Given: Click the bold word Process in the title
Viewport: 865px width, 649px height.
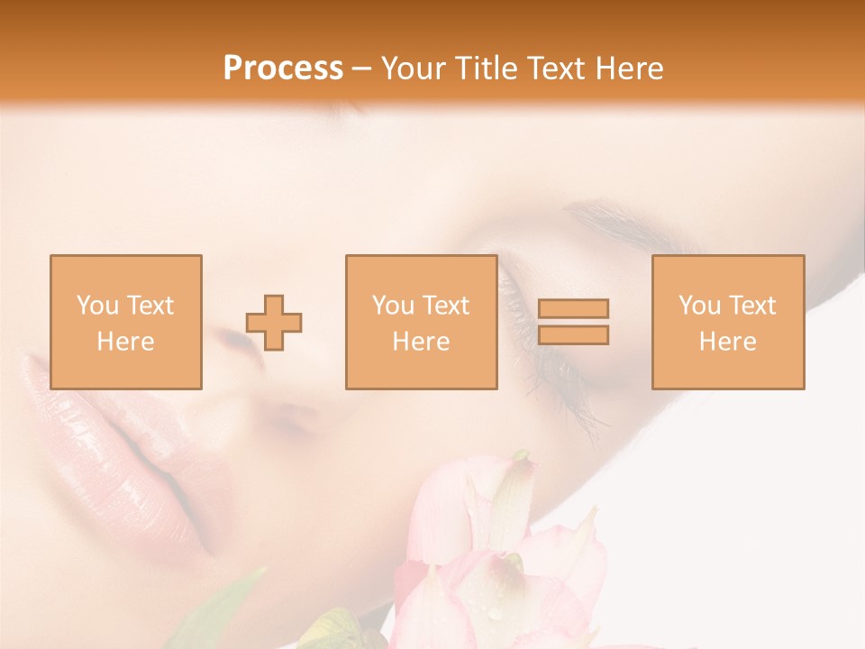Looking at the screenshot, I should pos(283,69).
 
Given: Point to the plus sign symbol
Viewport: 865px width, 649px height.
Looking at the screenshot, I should pos(274,323).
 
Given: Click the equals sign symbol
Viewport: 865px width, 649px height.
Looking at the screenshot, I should pos(573,322).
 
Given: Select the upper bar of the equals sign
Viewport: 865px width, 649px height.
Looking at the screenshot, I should pos(573,309).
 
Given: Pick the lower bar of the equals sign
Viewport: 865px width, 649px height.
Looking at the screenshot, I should pos(573,334).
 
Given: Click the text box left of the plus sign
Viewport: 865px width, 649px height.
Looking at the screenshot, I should pos(125,323).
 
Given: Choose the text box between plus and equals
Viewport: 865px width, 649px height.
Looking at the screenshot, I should pos(421,323).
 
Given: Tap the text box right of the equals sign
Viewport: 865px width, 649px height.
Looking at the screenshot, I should pos(727,323).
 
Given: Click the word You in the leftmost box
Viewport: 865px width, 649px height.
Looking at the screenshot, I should pos(97,306).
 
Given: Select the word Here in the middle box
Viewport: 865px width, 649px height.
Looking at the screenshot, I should pos(421,342).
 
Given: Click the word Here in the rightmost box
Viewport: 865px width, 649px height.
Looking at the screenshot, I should pos(727,342).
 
